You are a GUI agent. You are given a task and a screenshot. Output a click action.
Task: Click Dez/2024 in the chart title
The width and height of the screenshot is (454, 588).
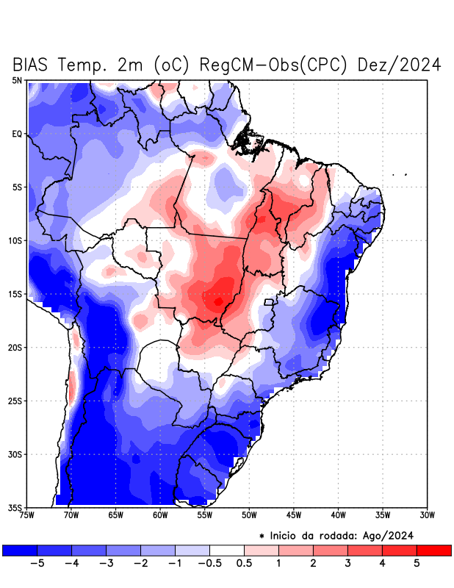[399, 65]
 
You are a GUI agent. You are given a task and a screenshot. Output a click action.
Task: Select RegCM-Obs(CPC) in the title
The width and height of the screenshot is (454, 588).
[268, 65]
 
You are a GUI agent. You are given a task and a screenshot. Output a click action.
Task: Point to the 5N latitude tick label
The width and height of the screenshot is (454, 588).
[17, 80]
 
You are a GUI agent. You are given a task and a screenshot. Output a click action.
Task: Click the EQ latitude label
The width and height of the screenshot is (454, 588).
[17, 134]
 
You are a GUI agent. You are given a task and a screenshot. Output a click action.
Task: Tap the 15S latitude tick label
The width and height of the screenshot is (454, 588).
[15, 294]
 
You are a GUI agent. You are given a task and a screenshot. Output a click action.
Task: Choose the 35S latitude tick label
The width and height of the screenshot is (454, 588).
[15, 507]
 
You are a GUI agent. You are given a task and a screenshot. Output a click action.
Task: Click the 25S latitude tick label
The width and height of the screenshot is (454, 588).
[15, 401]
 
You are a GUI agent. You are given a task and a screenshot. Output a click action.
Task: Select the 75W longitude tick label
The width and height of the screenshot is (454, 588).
[26, 514]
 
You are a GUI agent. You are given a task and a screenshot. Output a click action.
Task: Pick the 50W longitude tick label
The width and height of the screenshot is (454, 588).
[249, 514]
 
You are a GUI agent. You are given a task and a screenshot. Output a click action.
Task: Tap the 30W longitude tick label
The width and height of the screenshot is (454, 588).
[427, 514]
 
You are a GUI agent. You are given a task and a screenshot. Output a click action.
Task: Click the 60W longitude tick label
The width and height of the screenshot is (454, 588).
[160, 514]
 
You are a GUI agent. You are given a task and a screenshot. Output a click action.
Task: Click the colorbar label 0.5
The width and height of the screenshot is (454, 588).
[245, 563]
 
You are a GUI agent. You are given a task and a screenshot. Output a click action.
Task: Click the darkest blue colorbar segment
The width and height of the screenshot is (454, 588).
[20, 550]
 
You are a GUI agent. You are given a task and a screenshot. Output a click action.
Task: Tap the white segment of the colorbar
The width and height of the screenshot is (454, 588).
[227, 550]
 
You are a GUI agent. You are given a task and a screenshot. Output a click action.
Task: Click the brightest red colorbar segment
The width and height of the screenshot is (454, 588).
[433, 550]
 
